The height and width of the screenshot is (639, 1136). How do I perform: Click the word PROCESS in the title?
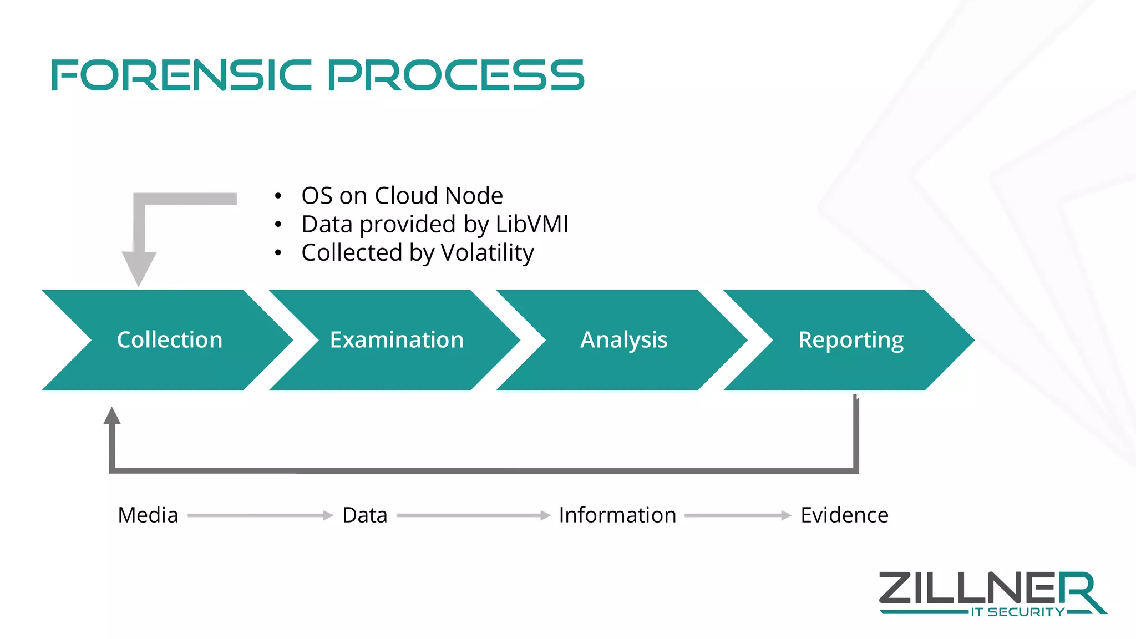(x=456, y=75)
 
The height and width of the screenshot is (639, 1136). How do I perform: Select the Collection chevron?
(x=169, y=339)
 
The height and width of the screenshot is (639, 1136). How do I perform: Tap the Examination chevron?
(x=397, y=339)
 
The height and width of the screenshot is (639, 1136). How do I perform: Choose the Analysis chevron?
(x=623, y=339)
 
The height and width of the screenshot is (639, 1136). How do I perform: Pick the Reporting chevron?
(x=850, y=339)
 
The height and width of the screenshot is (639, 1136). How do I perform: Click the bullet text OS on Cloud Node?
(x=402, y=196)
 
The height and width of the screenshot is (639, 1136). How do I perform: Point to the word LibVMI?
(x=531, y=224)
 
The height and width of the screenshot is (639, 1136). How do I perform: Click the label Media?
(x=148, y=515)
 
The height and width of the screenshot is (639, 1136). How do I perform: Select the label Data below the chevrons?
(x=364, y=515)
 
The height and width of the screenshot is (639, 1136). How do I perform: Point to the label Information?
(x=617, y=515)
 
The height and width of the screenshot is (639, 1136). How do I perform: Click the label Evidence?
(x=844, y=515)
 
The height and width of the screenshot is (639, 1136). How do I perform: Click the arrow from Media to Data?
(x=260, y=515)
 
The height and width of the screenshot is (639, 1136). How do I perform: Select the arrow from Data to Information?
(x=474, y=515)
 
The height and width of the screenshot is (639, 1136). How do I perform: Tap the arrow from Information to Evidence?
(x=738, y=515)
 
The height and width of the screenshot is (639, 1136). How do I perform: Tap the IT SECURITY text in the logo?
(x=1017, y=612)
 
